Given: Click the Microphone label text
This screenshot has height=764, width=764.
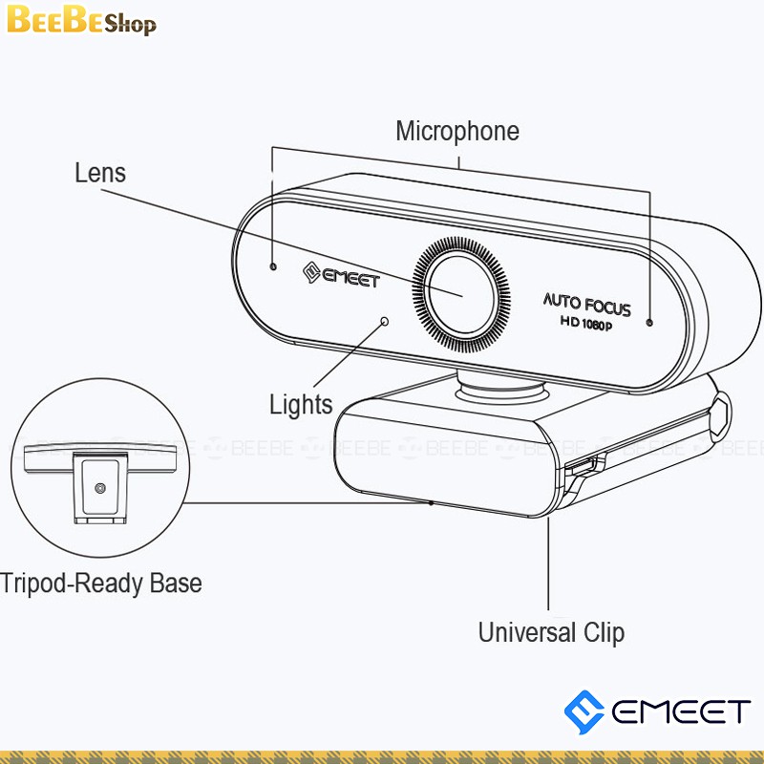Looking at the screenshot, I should [x=457, y=131].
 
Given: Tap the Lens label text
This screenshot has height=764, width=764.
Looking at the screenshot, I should [x=100, y=173].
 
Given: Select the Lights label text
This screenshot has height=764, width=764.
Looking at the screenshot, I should [x=301, y=404].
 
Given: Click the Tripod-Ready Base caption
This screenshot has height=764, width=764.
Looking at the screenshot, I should [x=101, y=583].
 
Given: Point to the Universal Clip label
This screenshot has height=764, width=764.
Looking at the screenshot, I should [x=551, y=632].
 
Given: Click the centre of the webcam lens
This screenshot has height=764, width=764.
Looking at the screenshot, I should [x=462, y=290].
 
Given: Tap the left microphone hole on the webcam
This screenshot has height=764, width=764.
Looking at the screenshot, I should [x=273, y=266].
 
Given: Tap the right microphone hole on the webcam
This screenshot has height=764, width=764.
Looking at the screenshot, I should [x=649, y=323].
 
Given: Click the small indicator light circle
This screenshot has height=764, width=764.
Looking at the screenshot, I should [x=385, y=321].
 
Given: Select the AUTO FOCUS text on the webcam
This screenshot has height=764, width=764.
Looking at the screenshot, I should [x=587, y=305].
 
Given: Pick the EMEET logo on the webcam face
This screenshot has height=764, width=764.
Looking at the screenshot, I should [x=341, y=278].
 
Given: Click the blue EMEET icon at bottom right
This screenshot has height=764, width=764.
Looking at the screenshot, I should [x=584, y=711].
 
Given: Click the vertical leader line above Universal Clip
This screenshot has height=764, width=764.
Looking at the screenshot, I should [x=549, y=563].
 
